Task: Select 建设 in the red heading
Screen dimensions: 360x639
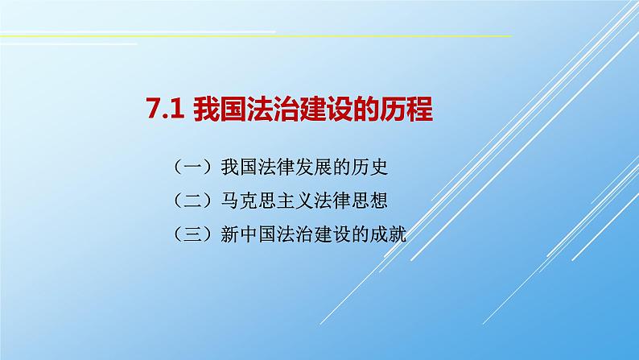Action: click(x=315, y=110)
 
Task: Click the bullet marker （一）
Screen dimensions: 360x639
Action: click(x=192, y=168)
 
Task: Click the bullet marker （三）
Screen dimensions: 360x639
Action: click(x=192, y=236)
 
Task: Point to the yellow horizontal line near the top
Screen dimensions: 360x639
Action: click(x=322, y=36)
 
